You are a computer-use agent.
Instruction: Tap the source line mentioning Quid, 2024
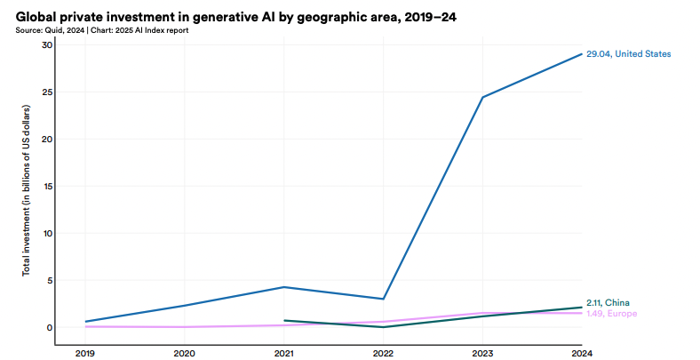pos(101,30)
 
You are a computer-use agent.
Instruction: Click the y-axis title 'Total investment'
pos(27,190)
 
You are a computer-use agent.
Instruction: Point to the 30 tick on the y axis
pos(48,44)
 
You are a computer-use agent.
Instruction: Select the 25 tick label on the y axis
pos(48,92)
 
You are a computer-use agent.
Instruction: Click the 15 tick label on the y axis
pos(48,186)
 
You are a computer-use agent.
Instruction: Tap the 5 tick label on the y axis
pos(50,280)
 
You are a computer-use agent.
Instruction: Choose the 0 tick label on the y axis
pos(50,327)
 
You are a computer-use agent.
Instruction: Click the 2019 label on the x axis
pos(85,353)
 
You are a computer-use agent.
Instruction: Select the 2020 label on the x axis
pos(185,353)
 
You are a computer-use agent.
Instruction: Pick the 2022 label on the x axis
pos(383,353)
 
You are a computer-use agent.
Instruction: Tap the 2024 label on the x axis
pos(581,353)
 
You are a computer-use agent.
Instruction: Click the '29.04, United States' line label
pos(628,54)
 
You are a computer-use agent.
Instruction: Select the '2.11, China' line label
pos(609,303)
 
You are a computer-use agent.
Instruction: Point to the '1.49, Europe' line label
pos(612,314)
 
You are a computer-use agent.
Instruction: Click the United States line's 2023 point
pos(482,97)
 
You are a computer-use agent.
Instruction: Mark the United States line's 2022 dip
pos(383,299)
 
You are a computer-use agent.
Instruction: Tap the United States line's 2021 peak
pos(284,287)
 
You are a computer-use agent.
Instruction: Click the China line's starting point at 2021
pos(284,320)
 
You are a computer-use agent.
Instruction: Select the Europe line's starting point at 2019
pos(85,326)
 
